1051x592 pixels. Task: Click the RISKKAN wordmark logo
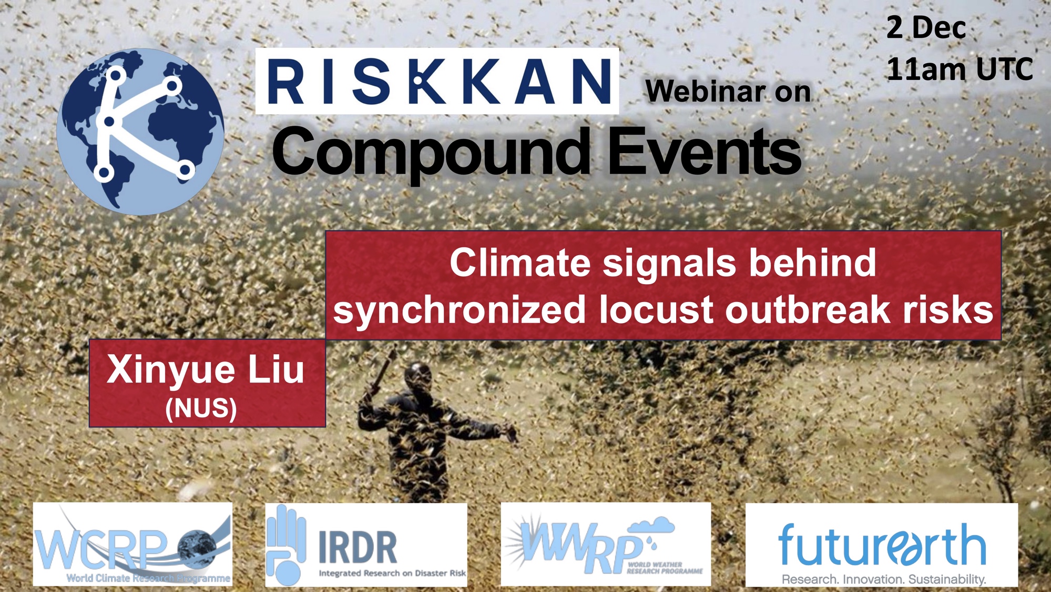[437, 81]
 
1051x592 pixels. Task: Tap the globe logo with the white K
[140, 132]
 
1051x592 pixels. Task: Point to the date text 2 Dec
[926, 27]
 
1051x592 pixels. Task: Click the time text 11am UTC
[960, 69]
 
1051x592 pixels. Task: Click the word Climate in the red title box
[520, 263]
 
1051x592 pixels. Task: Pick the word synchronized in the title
[460, 310]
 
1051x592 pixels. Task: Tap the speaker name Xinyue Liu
[206, 370]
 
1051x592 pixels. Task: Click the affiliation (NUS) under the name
[201, 408]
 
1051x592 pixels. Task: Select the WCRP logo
[132, 544]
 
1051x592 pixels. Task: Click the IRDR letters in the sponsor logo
[358, 548]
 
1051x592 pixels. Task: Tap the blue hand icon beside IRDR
[286, 545]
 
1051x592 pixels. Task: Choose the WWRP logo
[606, 544]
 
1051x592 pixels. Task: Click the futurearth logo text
[882, 545]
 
